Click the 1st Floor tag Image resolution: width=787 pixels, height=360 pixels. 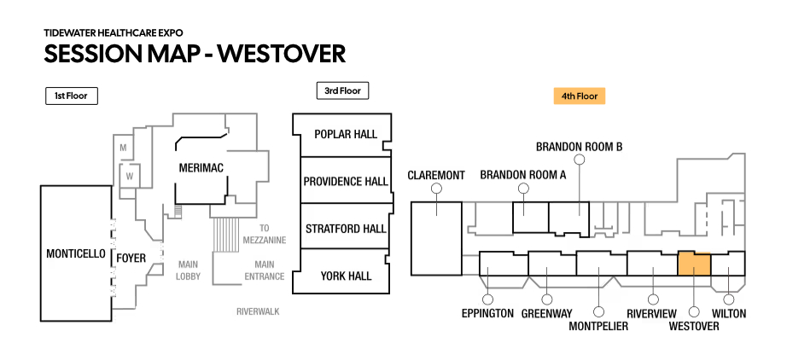(x=72, y=96)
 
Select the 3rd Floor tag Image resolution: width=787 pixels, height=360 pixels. (x=341, y=90)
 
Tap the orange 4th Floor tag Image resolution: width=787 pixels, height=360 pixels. (x=579, y=96)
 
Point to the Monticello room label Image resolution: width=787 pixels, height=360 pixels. (x=76, y=254)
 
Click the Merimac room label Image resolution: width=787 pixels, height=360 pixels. (x=201, y=169)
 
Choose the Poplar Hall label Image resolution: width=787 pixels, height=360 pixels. (x=345, y=135)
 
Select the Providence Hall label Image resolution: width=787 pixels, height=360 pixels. (x=345, y=182)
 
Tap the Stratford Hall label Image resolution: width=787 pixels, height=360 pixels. (x=345, y=229)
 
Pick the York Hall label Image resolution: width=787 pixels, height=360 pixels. (x=345, y=276)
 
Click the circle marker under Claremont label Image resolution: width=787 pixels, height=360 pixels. (x=436, y=189)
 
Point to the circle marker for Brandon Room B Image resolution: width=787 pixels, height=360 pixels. (x=579, y=160)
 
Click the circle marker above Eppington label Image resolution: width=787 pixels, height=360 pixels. (x=488, y=299)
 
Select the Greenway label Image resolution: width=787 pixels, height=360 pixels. (x=546, y=314)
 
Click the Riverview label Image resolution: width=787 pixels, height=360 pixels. (x=653, y=314)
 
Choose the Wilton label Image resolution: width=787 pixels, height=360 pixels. (x=728, y=314)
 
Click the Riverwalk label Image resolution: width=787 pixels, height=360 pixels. (x=258, y=312)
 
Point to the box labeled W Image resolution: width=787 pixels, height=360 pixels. (x=130, y=177)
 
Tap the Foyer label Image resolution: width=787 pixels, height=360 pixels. (x=131, y=258)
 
